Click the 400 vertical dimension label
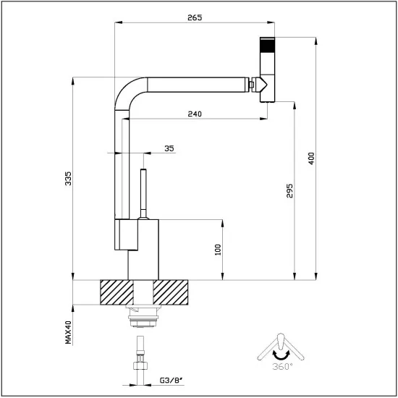tap(311, 158)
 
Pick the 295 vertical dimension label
tap(289, 190)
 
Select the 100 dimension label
tap(217, 248)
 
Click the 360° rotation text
tap(283, 368)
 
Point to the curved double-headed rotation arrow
tap(279, 355)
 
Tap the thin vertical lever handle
tap(143, 192)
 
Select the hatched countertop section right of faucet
tap(174, 293)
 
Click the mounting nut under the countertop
tap(143, 313)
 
